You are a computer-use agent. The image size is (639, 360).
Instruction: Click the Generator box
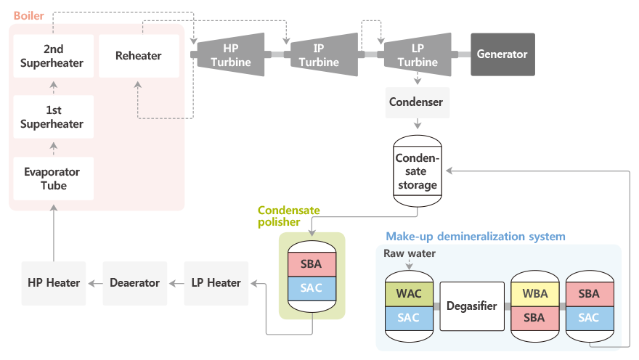pyautogui.click(x=502, y=54)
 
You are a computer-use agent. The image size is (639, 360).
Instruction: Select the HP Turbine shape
pyautogui.click(x=231, y=54)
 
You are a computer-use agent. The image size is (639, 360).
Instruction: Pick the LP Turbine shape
pyautogui.click(x=418, y=54)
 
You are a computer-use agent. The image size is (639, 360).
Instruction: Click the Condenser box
pyautogui.click(x=418, y=102)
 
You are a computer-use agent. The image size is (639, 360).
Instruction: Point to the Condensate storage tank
pyautogui.click(x=418, y=171)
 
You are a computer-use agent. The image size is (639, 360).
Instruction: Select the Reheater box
pyautogui.click(x=139, y=56)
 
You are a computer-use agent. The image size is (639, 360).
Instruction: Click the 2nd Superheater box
pyautogui.click(x=54, y=56)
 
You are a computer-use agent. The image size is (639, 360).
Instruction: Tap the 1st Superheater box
pyautogui.click(x=54, y=117)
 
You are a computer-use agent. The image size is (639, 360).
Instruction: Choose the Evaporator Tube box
pyautogui.click(x=54, y=179)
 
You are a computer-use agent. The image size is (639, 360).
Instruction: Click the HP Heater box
pyautogui.click(x=54, y=283)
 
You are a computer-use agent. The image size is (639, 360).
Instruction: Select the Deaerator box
pyautogui.click(x=135, y=283)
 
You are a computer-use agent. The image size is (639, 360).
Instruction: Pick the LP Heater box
pyautogui.click(x=216, y=283)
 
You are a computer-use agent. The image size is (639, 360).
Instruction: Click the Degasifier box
pyautogui.click(x=472, y=306)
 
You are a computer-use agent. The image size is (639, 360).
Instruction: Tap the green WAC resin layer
pyautogui.click(x=409, y=294)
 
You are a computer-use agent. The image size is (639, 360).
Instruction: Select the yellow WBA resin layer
pyautogui.click(x=534, y=294)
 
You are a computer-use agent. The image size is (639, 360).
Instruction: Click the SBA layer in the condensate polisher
pyautogui.click(x=312, y=264)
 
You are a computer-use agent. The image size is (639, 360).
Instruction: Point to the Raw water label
pyautogui.click(x=409, y=253)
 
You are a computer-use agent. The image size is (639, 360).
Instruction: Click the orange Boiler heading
pyautogui.click(x=28, y=15)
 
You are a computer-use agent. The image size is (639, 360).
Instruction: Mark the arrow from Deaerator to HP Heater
pyautogui.click(x=95, y=284)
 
